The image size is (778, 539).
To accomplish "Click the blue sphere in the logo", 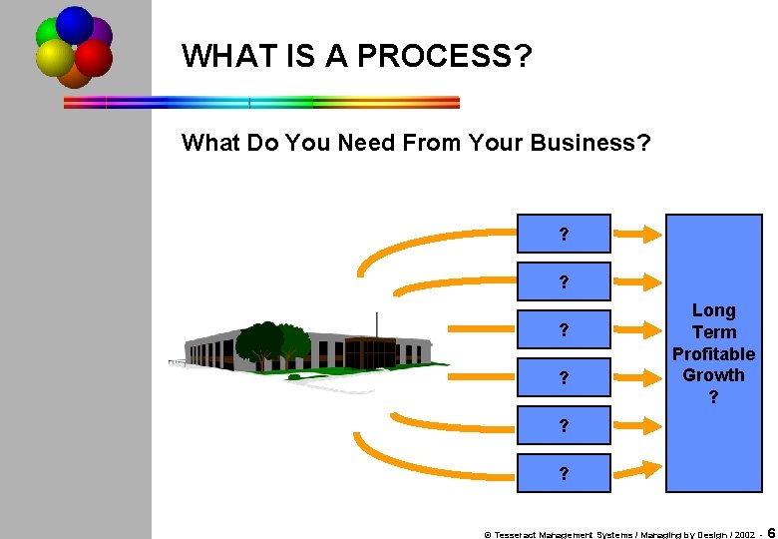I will pyautogui.click(x=75, y=24).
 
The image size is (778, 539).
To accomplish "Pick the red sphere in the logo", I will pyautogui.click(x=93, y=57).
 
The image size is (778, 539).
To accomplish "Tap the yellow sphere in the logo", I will pyautogui.click(x=55, y=58).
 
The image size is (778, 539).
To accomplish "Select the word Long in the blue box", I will pyautogui.click(x=713, y=310).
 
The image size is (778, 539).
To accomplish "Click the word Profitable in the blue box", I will pyautogui.click(x=713, y=354).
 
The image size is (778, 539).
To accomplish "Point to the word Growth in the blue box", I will pyautogui.click(x=713, y=375).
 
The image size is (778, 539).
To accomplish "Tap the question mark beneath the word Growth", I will pyautogui.click(x=713, y=396).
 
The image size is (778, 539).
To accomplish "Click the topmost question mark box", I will pyautogui.click(x=565, y=235).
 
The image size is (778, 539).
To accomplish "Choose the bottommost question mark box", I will pyautogui.click(x=565, y=474).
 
